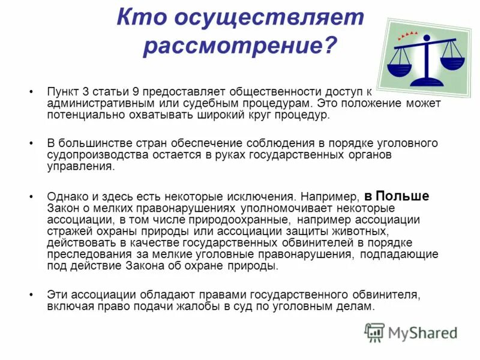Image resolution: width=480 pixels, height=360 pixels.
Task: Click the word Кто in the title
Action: [x=142, y=17]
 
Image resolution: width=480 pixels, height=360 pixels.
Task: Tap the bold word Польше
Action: [x=403, y=196]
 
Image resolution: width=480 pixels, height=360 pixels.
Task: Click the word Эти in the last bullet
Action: [x=57, y=295]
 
